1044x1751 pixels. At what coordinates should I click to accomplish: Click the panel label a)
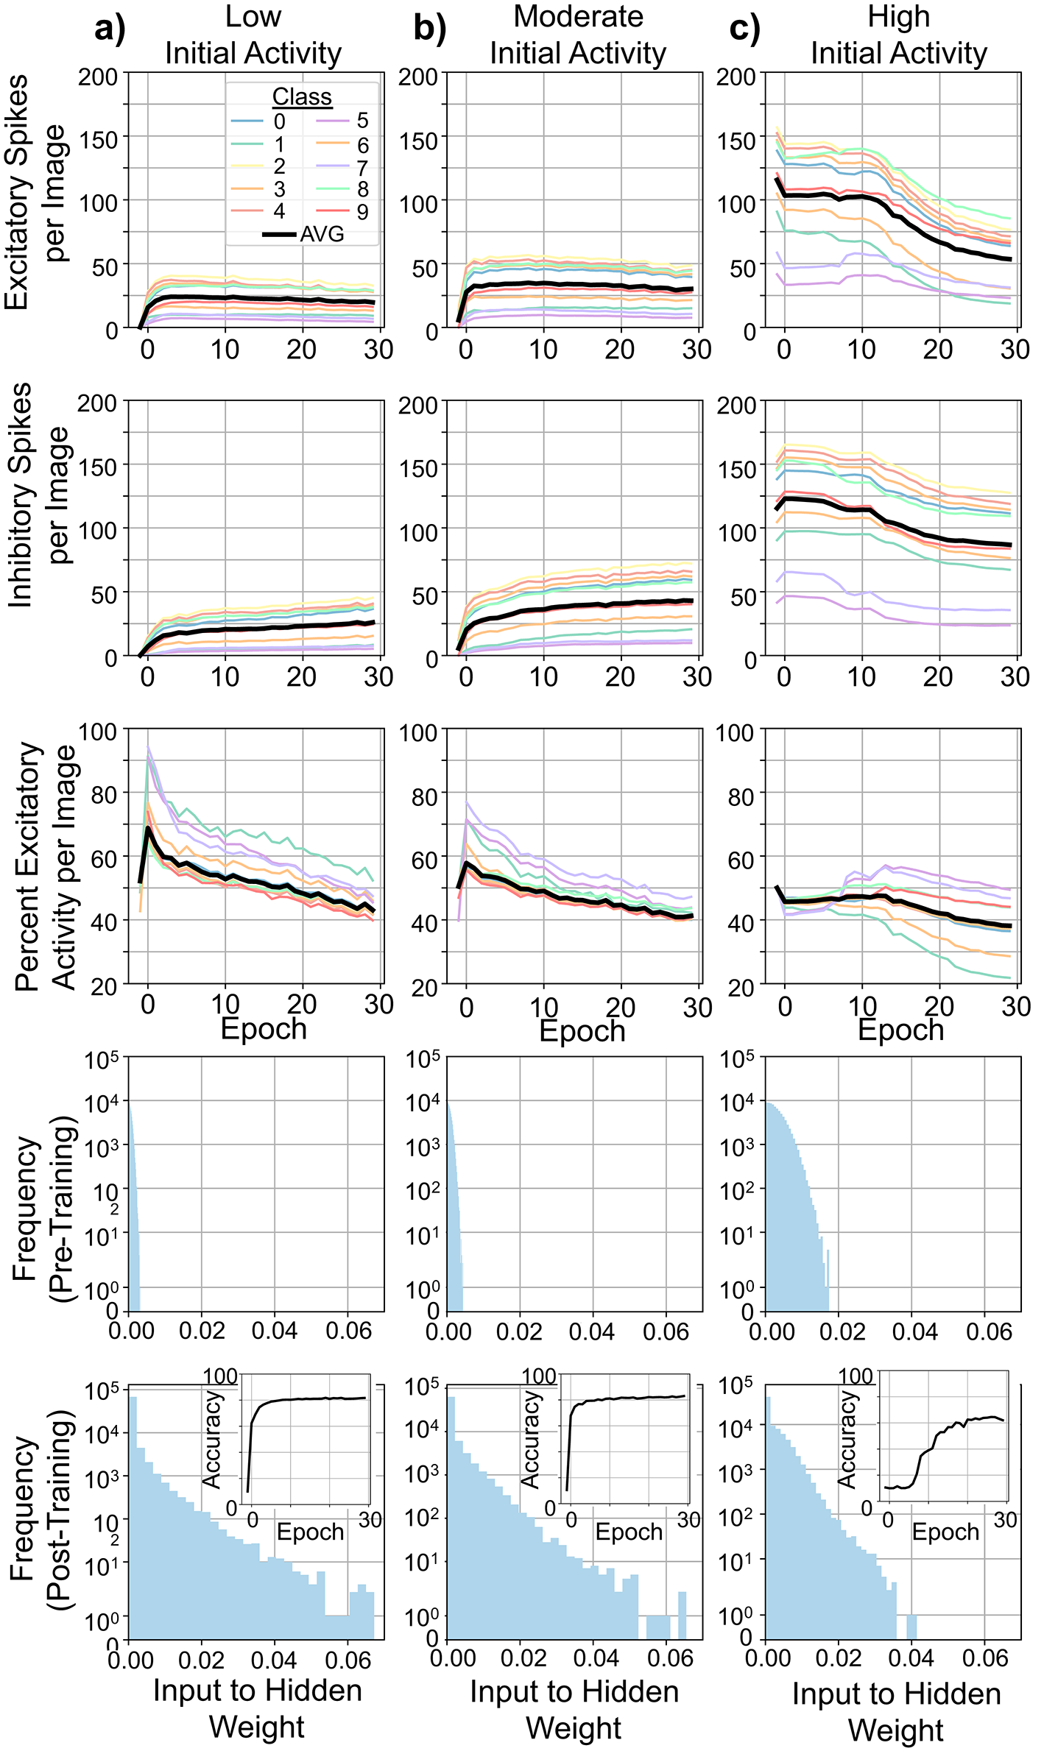click(x=111, y=29)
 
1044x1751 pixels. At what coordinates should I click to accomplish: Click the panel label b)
click(x=429, y=29)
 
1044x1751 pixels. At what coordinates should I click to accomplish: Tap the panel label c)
click(x=744, y=29)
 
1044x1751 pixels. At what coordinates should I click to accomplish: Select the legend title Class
click(x=302, y=96)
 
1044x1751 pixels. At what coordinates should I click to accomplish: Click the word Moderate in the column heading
click(x=578, y=16)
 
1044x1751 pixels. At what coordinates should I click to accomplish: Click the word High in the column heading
click(x=898, y=16)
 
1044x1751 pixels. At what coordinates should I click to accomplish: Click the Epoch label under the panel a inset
click(x=310, y=1532)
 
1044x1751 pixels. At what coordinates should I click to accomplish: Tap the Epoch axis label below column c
click(x=900, y=1030)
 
